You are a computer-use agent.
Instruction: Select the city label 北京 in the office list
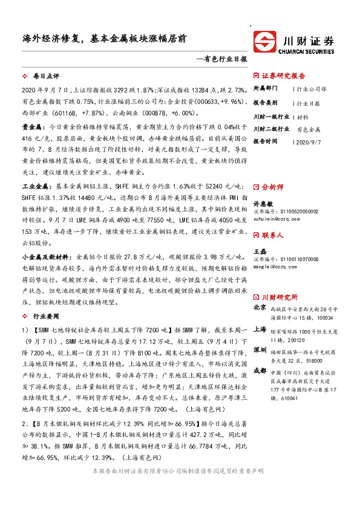pyautogui.click(x=259, y=309)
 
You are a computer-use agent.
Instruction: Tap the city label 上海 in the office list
pyautogui.click(x=259, y=329)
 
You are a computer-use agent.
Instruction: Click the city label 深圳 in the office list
pyautogui.click(x=259, y=350)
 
